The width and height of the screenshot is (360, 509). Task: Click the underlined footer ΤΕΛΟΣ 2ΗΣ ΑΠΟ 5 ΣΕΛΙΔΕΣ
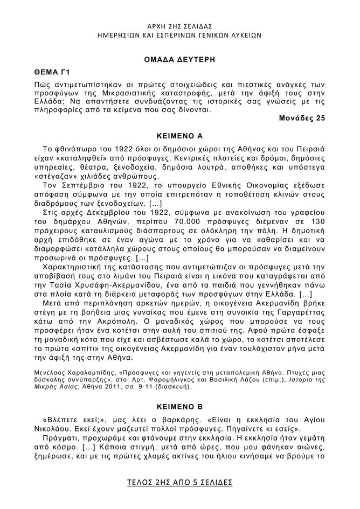(x=179, y=482)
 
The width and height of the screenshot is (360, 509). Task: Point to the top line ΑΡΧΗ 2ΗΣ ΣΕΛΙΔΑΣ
(x=179, y=26)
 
